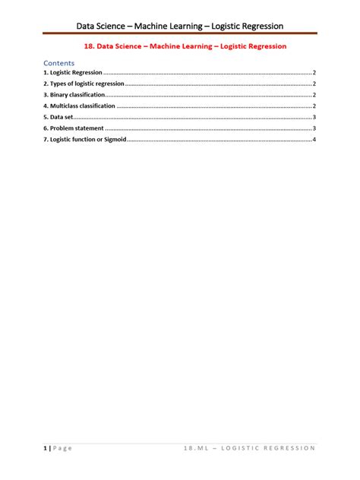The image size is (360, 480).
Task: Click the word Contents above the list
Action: coord(58,62)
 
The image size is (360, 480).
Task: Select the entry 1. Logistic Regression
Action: coord(73,72)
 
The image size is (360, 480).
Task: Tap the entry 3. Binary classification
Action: coord(74,95)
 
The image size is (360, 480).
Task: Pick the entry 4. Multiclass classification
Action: coord(80,106)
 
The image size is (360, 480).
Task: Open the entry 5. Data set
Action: coord(58,118)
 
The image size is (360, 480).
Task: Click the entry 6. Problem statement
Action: coord(73,129)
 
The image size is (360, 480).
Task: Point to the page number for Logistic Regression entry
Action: coord(314,72)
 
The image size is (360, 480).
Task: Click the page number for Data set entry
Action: coord(314,118)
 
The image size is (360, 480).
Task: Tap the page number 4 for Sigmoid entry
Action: coord(314,141)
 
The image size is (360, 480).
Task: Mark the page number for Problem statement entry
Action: coord(314,129)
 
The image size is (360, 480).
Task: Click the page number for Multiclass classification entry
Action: coord(314,106)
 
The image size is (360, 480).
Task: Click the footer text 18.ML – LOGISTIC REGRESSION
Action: coord(249,448)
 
